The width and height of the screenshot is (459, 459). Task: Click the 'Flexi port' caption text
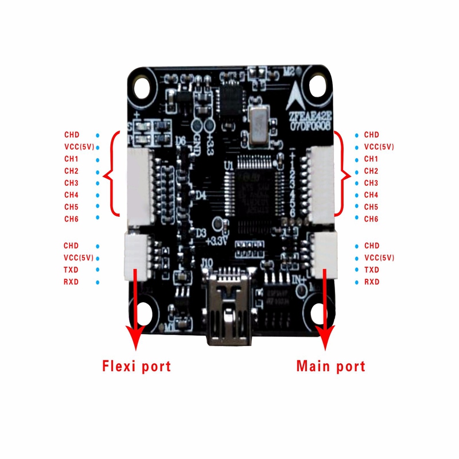point(137,365)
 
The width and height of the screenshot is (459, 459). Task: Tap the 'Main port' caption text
point(330,365)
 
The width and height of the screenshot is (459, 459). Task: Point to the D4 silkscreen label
point(201,196)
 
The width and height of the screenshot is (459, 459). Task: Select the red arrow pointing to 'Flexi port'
point(136,310)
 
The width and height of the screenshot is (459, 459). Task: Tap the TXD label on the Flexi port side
point(72,270)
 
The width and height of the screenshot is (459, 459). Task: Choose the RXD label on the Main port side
point(372,282)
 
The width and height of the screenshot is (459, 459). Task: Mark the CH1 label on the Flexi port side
point(72,158)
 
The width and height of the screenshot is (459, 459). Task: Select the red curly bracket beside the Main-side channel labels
point(344,174)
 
